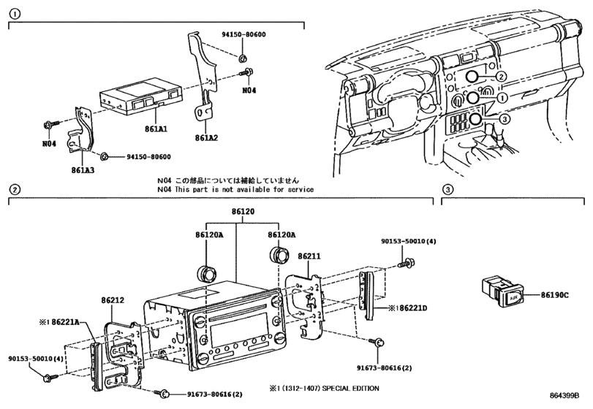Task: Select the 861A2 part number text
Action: pos(207,137)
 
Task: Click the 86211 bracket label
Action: pos(309,257)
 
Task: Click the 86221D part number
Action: pos(409,307)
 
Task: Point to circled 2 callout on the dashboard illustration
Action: pos(501,77)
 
